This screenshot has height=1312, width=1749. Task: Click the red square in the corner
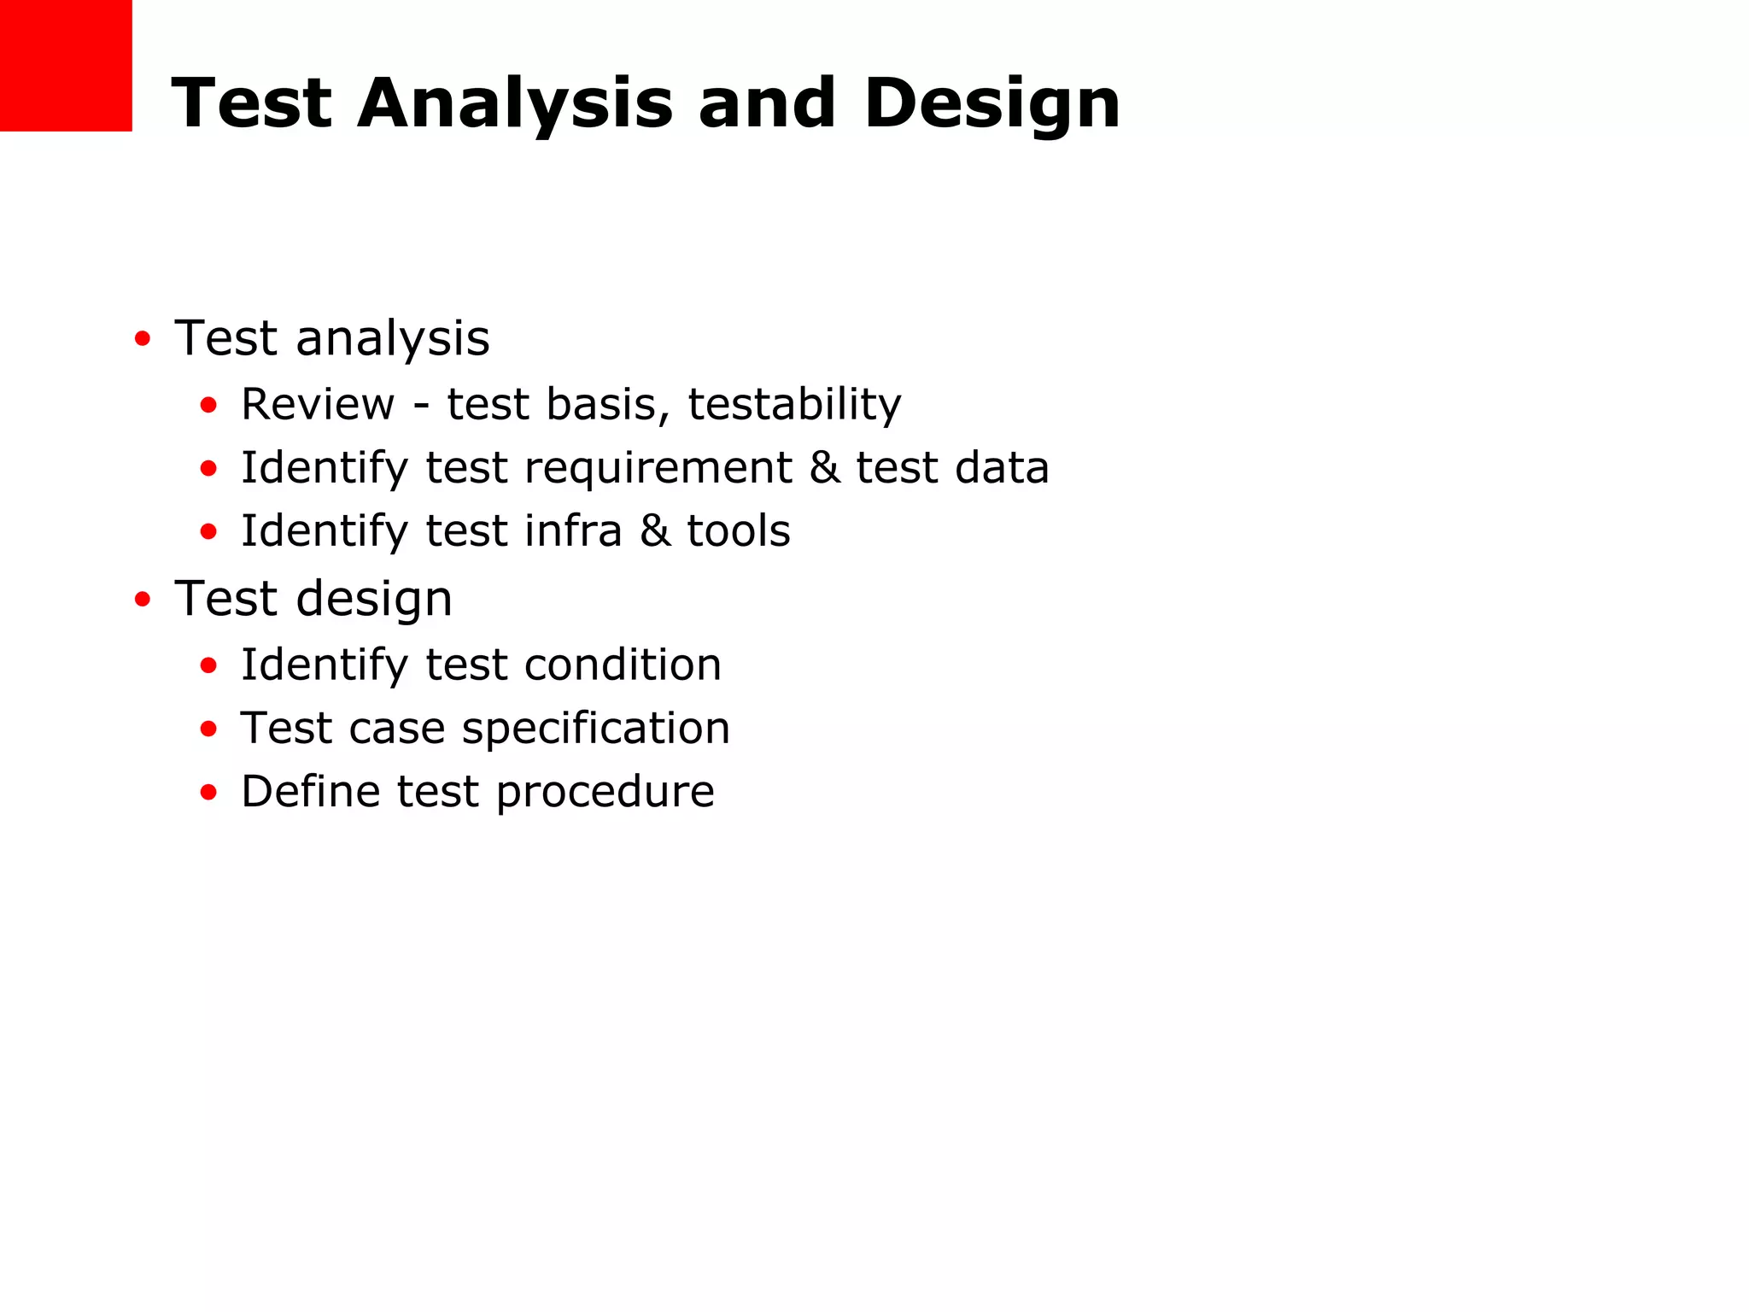(66, 65)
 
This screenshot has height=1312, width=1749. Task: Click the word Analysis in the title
(515, 104)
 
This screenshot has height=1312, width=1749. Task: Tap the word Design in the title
(991, 104)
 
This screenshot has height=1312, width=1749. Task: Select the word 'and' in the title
(767, 104)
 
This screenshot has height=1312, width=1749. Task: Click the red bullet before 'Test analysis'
(143, 339)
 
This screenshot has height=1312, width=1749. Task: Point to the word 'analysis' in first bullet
(393, 339)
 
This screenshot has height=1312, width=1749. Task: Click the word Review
(318, 404)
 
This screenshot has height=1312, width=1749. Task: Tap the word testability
(794, 404)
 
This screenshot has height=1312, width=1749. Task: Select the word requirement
(658, 469)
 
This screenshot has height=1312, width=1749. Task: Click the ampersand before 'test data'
(824, 468)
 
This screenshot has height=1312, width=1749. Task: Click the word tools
(739, 531)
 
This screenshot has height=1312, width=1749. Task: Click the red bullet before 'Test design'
(143, 600)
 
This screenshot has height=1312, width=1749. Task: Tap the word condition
(623, 665)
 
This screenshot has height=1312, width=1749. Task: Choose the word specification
(596, 729)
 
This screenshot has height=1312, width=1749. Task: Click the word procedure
(605, 793)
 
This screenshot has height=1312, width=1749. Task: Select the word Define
(310, 792)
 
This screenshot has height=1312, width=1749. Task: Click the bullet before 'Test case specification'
(208, 729)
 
